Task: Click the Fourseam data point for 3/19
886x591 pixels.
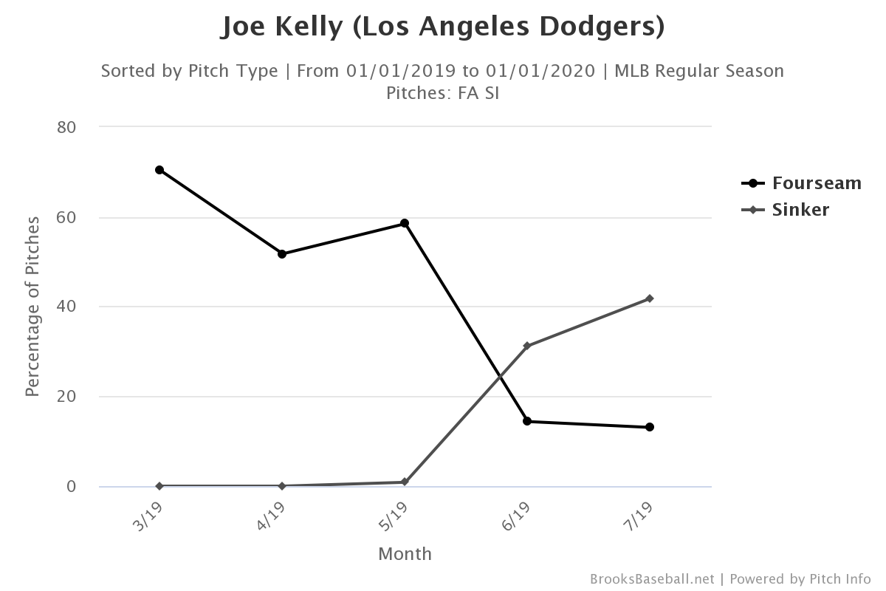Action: tap(159, 170)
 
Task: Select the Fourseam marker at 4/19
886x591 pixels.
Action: tap(282, 254)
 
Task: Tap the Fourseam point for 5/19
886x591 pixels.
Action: tap(405, 223)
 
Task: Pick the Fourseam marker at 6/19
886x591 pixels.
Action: tap(527, 421)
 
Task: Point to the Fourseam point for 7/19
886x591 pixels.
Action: tap(650, 427)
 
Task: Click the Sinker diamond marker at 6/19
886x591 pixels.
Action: tap(527, 346)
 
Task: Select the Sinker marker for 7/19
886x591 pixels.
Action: tap(650, 298)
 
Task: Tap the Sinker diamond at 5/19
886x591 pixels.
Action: tap(405, 482)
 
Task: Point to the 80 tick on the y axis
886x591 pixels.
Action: tap(67, 127)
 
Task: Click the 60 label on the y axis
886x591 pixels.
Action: tap(67, 217)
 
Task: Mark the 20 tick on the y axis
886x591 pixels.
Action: tap(67, 397)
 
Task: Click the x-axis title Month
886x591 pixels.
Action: tap(405, 554)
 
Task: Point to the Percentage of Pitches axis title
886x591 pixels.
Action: tap(32, 307)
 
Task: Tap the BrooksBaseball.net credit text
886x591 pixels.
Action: tap(652, 578)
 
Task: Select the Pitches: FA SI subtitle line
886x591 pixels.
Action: tap(442, 94)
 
